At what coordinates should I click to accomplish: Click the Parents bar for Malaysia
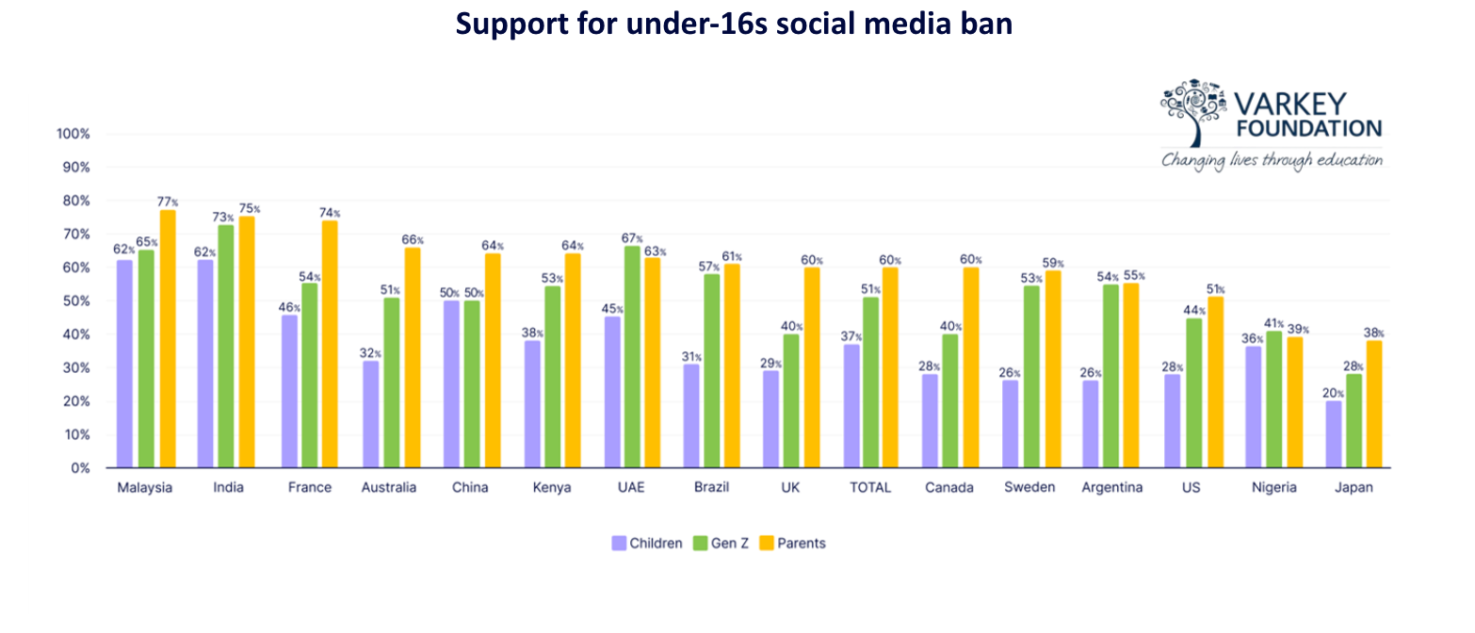coord(168,339)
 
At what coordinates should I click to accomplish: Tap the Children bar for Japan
coord(1333,434)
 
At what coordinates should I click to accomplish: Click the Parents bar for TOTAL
coord(890,367)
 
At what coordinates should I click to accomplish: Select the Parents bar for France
coord(330,344)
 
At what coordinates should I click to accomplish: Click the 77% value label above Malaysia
coord(169,203)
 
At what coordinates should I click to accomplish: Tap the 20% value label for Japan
coord(1332,394)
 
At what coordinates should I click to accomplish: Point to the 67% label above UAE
coord(633,238)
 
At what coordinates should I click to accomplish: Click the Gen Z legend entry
coord(720,543)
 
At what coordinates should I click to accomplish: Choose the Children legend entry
coord(647,543)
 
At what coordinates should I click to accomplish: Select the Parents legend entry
coord(792,543)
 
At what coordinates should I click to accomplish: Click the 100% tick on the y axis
coord(73,134)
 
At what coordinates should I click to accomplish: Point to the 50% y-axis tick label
coord(75,300)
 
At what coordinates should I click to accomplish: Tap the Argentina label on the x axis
coord(1112,488)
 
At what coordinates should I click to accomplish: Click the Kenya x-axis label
coord(552,488)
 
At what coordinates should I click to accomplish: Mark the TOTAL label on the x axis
coord(870,488)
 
